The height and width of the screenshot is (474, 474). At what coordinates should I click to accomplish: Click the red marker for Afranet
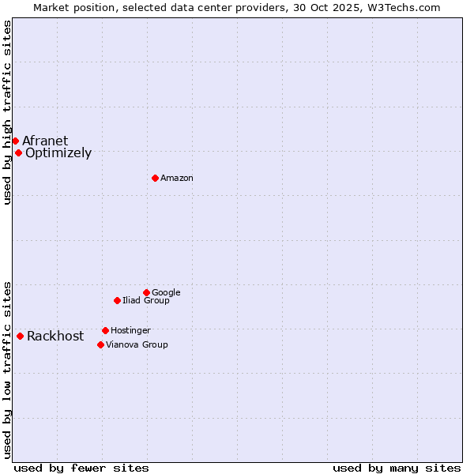[x=15, y=141]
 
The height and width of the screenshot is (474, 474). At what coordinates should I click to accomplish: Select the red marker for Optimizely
[x=18, y=152]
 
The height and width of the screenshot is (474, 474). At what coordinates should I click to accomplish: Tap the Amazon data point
[x=155, y=178]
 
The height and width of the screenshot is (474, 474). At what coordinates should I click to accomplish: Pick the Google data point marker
[x=146, y=292]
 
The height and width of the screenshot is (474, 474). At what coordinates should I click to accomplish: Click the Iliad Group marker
[x=117, y=300]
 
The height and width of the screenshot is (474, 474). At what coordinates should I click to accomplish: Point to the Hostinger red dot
[x=105, y=330]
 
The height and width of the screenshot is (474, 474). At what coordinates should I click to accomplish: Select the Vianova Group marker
[x=100, y=344]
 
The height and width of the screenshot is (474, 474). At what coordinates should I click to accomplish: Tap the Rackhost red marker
[x=20, y=336]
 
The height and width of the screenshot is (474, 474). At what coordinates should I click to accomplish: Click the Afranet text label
[x=45, y=141]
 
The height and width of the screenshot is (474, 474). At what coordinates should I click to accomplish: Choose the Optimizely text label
[x=58, y=153]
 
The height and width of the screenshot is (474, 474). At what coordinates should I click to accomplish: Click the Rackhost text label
[x=55, y=337]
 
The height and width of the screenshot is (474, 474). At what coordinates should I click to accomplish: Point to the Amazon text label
[x=177, y=179]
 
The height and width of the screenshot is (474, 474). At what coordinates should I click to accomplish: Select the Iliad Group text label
[x=146, y=301]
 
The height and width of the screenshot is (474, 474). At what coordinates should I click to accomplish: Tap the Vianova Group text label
[x=137, y=345]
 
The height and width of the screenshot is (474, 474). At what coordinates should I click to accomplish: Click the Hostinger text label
[x=130, y=331]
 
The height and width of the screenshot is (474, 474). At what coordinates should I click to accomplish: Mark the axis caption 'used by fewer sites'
[x=81, y=468]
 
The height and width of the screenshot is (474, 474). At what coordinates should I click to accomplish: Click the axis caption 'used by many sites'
[x=397, y=468]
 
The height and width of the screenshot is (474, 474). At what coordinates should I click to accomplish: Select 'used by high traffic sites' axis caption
[x=7, y=112]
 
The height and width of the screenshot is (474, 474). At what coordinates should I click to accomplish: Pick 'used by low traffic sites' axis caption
[x=7, y=370]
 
